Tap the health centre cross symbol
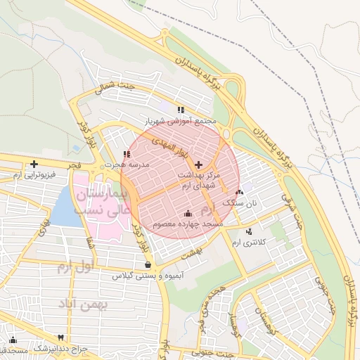click(198, 164)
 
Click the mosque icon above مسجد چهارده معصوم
click(188, 213)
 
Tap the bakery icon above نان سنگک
click(239, 191)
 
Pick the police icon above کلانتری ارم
click(248, 231)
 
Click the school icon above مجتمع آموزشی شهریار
click(181, 110)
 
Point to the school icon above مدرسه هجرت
click(126, 154)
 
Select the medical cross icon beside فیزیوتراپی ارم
click(34, 164)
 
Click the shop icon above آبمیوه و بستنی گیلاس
click(148, 265)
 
